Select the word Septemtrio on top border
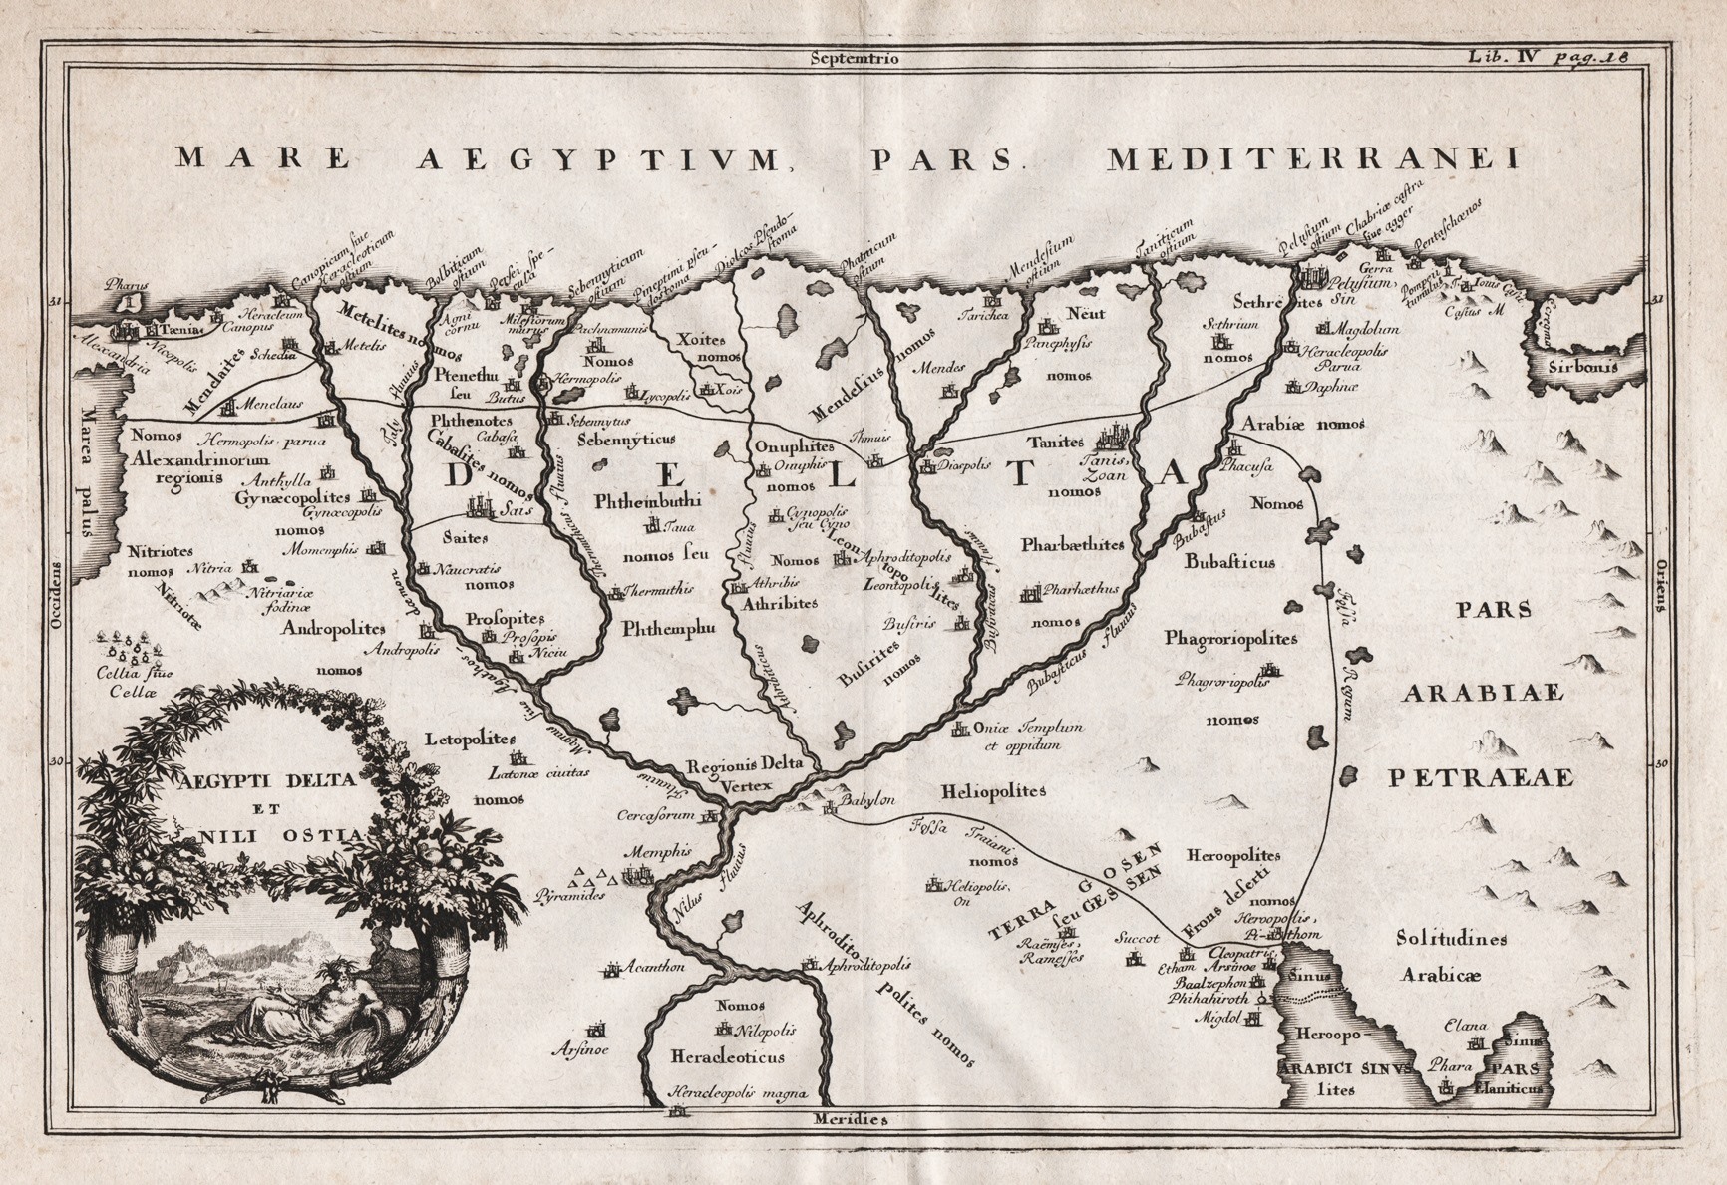(x=856, y=58)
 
